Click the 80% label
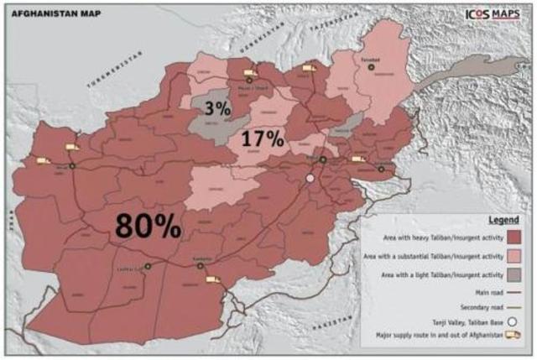tap(148, 225)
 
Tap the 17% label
tap(262, 139)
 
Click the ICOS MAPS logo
tap(490, 14)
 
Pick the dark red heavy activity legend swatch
tap(514, 237)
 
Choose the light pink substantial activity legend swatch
tap(514, 255)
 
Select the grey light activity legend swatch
tap(514, 274)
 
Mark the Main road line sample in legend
tap(513, 291)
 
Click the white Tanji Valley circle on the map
tap(310, 178)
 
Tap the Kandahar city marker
tap(201, 266)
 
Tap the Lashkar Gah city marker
tap(148, 266)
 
